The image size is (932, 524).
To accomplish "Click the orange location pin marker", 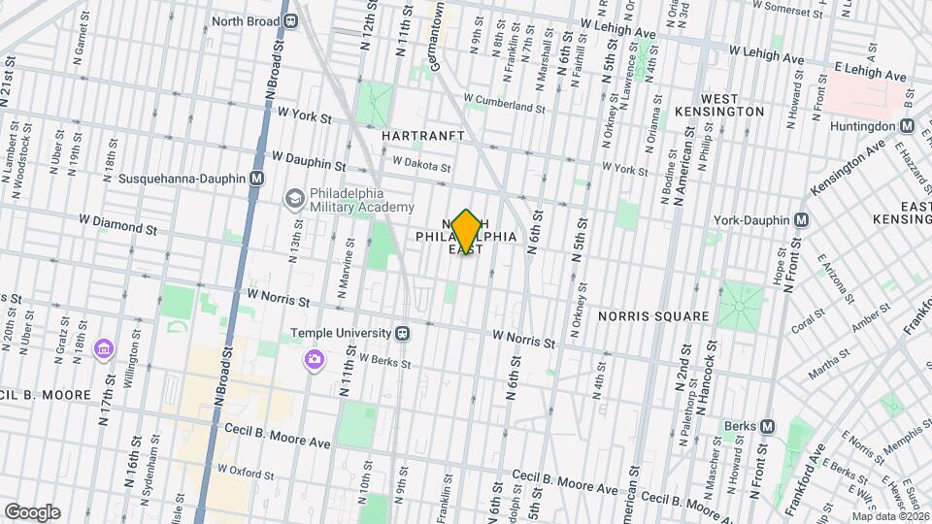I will tap(466, 232).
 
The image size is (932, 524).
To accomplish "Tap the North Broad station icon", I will tap(290, 21).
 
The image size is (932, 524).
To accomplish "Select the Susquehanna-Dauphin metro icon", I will tap(256, 179).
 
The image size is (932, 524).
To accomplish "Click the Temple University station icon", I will tap(402, 333).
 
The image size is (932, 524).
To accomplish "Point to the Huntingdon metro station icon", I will tap(907, 125).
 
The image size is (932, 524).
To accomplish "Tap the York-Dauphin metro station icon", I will tap(801, 219).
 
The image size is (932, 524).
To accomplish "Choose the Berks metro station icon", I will tap(768, 426).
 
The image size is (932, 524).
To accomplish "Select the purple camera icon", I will tap(314, 361).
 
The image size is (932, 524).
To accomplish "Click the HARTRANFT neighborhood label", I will tap(423, 136).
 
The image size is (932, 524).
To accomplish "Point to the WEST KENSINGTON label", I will tap(733, 105).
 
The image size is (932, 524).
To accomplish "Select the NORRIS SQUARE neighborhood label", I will tap(650, 315).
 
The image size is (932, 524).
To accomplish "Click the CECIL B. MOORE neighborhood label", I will tap(46, 395).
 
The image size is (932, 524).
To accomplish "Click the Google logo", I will tap(32, 511).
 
